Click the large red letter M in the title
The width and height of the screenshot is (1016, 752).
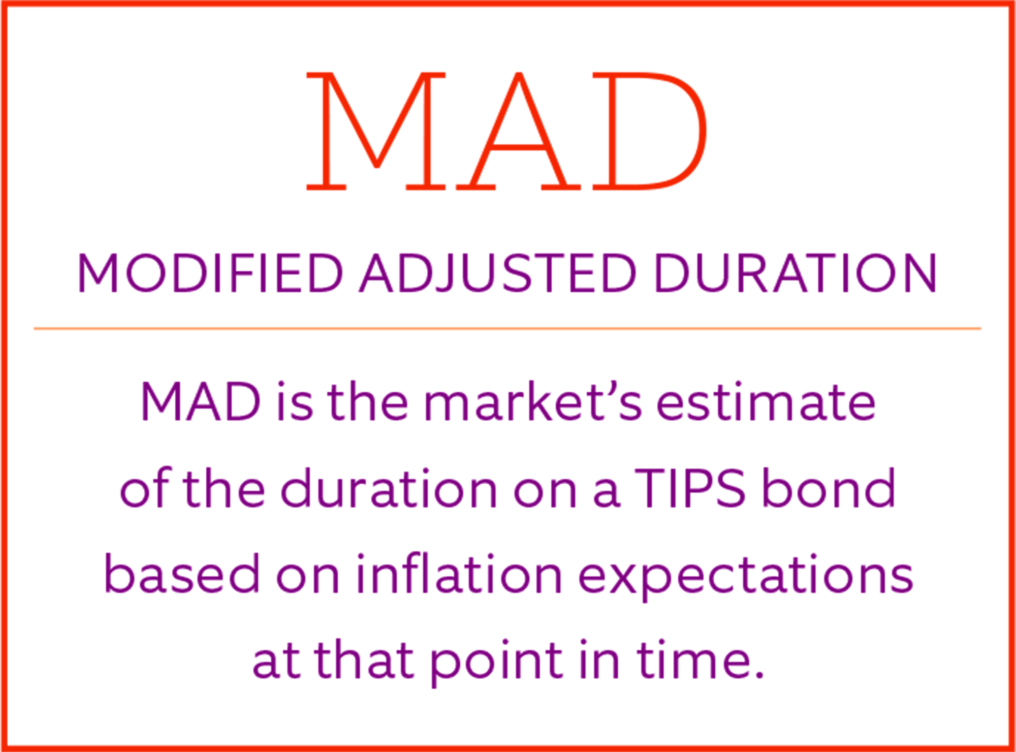(376, 131)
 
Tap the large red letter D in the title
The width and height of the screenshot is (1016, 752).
(649, 131)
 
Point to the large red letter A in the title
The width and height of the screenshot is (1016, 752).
(518, 131)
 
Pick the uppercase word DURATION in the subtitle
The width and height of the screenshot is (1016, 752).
(796, 273)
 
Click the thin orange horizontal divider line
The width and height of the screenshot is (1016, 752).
(507, 329)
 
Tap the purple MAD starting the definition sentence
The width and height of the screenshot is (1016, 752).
(201, 402)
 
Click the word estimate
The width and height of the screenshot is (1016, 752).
(766, 402)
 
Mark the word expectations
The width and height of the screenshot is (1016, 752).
(746, 577)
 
